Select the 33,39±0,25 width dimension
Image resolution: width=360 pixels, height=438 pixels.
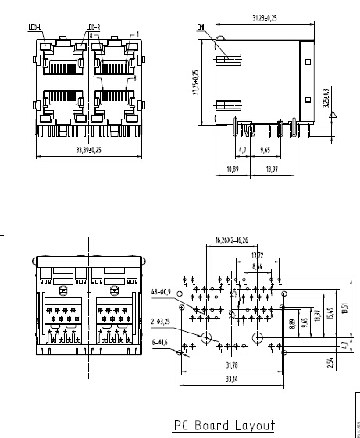(x=89, y=149)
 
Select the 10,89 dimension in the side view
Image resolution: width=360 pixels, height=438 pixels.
(x=232, y=169)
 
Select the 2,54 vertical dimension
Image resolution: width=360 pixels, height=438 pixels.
(x=331, y=362)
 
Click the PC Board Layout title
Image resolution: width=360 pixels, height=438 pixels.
(x=223, y=426)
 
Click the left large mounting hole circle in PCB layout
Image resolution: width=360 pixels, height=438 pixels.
(x=207, y=337)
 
